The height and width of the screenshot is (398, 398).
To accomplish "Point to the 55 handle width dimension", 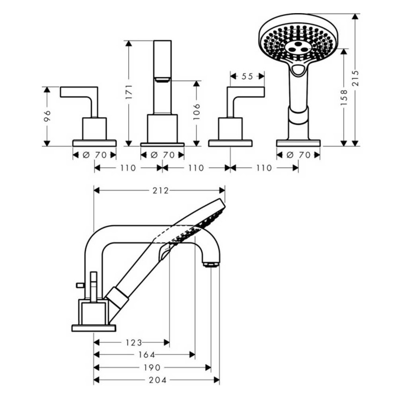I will [247, 75].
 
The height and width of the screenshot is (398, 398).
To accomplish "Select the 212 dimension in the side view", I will [160, 190].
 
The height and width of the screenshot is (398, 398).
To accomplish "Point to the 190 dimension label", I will [153, 368].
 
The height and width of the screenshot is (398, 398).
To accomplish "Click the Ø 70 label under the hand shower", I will [298, 155].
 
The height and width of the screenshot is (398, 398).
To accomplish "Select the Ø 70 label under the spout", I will [162, 155].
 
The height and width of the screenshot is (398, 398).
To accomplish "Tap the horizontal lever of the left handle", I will [79, 92].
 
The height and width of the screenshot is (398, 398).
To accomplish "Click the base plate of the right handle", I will [230, 143].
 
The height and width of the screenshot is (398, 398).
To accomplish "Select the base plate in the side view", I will [94, 328].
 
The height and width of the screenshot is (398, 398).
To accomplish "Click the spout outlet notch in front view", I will [162, 80].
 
